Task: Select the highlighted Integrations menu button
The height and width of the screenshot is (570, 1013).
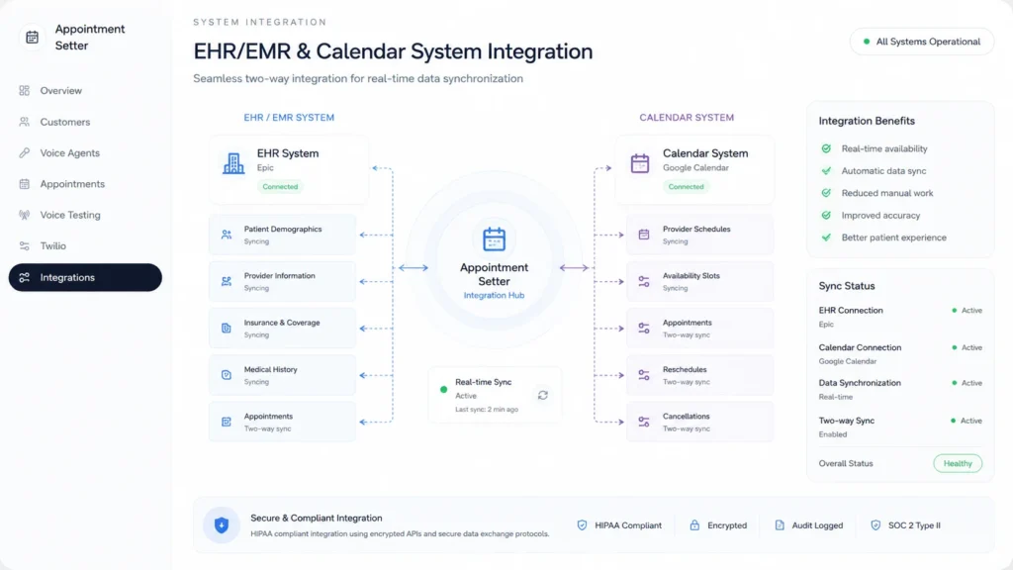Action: tap(85, 277)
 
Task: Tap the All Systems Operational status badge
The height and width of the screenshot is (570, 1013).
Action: tap(922, 42)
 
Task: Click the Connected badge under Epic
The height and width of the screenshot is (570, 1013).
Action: tap(280, 187)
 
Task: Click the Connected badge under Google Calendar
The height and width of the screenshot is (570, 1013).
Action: tap(686, 187)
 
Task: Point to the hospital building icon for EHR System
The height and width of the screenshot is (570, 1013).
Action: tap(233, 163)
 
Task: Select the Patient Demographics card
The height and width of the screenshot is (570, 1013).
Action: tap(282, 235)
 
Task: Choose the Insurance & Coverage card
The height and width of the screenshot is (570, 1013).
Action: tap(282, 329)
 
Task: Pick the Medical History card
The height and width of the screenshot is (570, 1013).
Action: tap(282, 375)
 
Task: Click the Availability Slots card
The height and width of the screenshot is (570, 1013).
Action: tap(699, 281)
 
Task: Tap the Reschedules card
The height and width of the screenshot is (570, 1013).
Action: tap(699, 375)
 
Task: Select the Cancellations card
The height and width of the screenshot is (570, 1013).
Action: tap(699, 422)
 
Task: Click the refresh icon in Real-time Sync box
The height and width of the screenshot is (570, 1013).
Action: tap(543, 395)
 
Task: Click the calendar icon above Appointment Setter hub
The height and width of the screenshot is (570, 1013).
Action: tap(495, 239)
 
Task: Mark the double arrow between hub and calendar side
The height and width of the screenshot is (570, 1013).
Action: tap(575, 267)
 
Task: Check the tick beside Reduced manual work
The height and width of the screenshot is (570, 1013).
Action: tap(826, 193)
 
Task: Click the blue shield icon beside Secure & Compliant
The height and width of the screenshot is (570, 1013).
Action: tap(222, 525)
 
